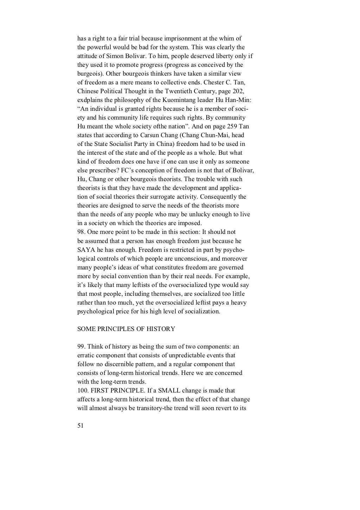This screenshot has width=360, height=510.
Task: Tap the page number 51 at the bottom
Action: pyautogui.click(x=80, y=426)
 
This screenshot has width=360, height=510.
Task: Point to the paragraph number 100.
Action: pyautogui.click(x=82, y=391)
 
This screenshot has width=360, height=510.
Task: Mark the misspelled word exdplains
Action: pyautogui.click(x=90, y=100)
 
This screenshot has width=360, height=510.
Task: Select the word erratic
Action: pyautogui.click(x=86, y=356)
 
